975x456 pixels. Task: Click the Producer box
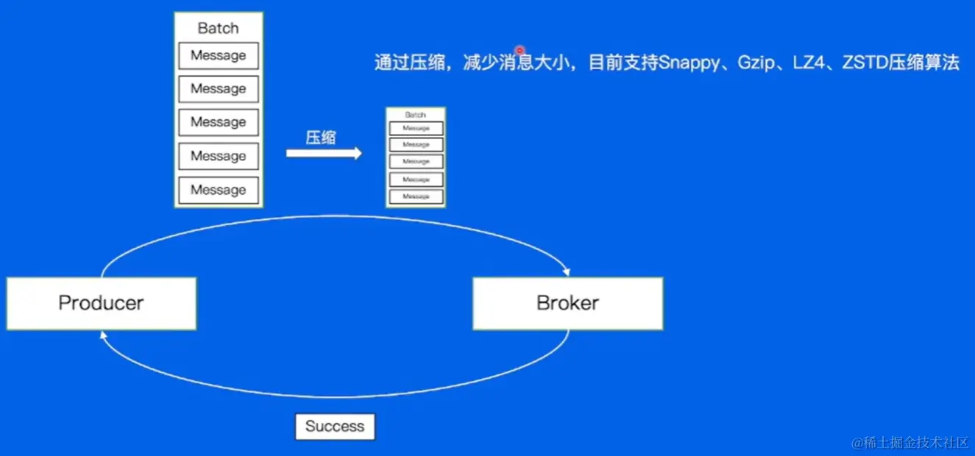pyautogui.click(x=101, y=303)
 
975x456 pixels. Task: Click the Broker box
pyautogui.click(x=567, y=303)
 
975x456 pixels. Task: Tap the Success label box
pyautogui.click(x=335, y=427)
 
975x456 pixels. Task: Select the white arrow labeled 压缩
pyautogui.click(x=324, y=153)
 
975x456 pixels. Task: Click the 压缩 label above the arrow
pyautogui.click(x=321, y=138)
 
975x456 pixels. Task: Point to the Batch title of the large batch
pyautogui.click(x=219, y=29)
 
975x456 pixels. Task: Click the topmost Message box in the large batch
pyautogui.click(x=219, y=56)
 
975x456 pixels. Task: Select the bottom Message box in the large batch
pyautogui.click(x=219, y=190)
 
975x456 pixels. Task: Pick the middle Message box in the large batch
pyautogui.click(x=219, y=122)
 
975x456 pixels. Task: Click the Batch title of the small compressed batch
pyautogui.click(x=416, y=115)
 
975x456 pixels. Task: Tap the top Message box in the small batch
pyautogui.click(x=416, y=128)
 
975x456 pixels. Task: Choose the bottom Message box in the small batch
pyautogui.click(x=416, y=196)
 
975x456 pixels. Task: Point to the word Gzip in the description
pyautogui.click(x=756, y=63)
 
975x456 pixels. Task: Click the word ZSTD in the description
pyautogui.click(x=864, y=63)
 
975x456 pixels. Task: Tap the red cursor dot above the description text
pyautogui.click(x=520, y=50)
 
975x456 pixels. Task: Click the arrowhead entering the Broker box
pyautogui.click(x=566, y=271)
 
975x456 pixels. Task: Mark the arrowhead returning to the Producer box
pyautogui.click(x=104, y=335)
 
